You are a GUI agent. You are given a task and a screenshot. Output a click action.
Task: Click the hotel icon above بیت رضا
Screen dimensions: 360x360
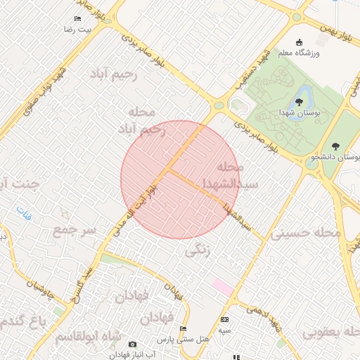point(77,19)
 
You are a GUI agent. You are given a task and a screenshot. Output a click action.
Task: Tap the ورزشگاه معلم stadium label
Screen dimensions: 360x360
point(300,53)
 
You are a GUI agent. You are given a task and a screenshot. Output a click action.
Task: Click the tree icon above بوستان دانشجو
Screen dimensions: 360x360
point(335,147)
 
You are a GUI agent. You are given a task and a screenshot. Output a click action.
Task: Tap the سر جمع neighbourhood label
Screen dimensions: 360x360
point(72,231)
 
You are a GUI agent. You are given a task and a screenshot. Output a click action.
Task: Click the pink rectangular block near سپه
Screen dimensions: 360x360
point(222,287)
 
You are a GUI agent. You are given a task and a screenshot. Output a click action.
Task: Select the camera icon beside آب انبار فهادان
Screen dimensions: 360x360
point(132,344)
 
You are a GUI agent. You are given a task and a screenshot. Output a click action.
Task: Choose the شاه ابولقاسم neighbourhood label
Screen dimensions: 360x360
point(87,336)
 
